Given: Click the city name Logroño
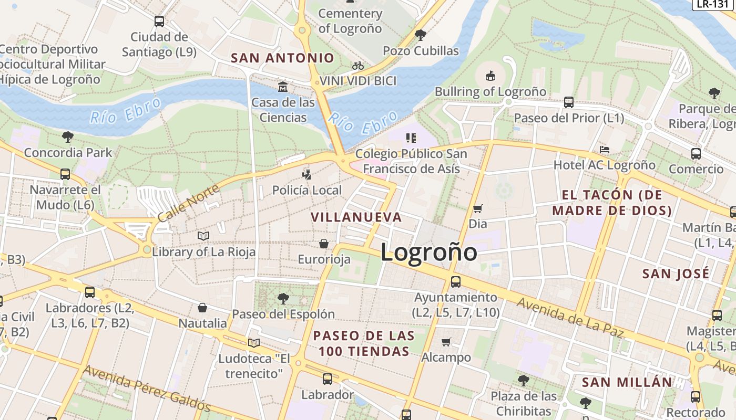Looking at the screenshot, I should coord(428,253).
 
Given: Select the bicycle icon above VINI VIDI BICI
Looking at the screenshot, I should coord(358,66).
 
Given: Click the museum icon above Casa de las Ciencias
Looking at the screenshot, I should coord(283,86).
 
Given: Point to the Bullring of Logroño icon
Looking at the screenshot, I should coord(490,76).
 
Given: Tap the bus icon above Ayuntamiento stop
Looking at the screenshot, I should coord(455,281).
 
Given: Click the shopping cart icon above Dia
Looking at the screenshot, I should coord(477,208).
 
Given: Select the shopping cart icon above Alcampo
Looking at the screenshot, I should coord(446,342).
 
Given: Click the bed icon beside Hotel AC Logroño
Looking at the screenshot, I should coord(604,150).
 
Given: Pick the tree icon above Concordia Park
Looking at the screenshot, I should coord(67,137).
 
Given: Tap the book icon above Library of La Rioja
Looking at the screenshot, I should coord(203,236).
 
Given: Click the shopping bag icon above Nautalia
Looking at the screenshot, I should coord(202,307).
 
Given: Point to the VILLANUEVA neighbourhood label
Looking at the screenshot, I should coord(356,217).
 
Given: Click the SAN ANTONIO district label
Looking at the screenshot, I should coord(282,58).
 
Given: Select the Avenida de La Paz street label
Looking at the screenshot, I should coord(570,318).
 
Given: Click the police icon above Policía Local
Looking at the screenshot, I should coord(306,174).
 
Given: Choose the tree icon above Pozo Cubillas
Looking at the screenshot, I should coord(420,35).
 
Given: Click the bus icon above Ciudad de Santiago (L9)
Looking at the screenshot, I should coord(159,22).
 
